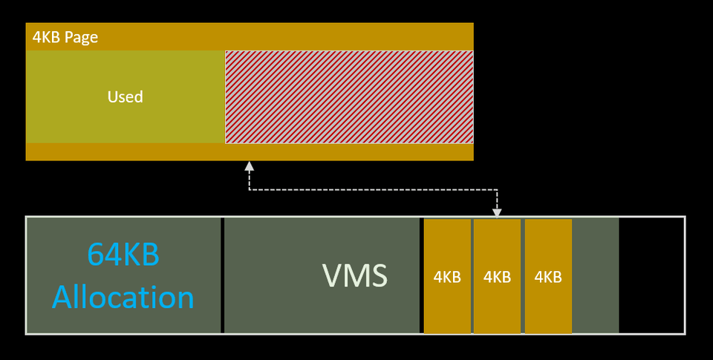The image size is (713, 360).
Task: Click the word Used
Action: (125, 96)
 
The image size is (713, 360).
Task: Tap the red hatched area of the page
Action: (349, 96)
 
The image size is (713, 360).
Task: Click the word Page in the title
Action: (81, 37)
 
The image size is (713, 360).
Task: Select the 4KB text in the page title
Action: (46, 37)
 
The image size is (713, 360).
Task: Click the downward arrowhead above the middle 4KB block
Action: (497, 214)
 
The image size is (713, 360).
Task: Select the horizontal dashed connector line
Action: (371, 190)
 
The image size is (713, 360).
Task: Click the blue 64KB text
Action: (123, 255)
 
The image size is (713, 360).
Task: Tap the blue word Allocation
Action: (123, 298)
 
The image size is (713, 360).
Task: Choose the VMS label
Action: (354, 275)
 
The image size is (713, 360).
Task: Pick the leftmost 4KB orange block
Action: (447, 276)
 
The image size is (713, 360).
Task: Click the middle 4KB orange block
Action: (497, 276)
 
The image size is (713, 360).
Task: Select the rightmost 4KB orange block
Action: (547, 276)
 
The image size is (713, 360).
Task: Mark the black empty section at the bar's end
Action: (651, 275)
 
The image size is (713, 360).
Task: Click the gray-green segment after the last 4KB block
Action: (595, 275)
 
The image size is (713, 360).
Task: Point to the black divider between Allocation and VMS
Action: (223, 275)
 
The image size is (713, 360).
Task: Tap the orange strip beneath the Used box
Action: (250, 151)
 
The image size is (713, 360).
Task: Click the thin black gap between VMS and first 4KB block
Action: (422, 275)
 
